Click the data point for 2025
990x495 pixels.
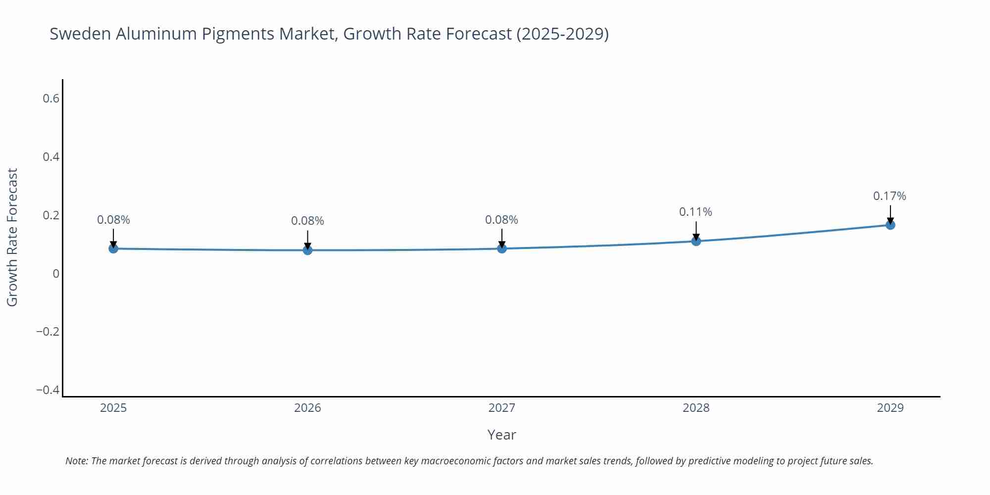(113, 248)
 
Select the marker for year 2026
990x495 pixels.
(307, 250)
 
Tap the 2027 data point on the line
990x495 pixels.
(502, 248)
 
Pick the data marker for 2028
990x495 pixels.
(696, 241)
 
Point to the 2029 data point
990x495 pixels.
(890, 225)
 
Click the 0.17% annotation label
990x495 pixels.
(890, 196)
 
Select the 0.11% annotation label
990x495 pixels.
(695, 212)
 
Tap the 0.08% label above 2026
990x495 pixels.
(307, 221)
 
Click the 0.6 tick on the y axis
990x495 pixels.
(51, 99)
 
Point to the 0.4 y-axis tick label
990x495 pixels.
(51, 157)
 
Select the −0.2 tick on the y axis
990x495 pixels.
(48, 332)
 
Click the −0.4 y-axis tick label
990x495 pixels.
(48, 390)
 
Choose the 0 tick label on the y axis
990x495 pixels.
(56, 274)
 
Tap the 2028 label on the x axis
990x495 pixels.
(696, 408)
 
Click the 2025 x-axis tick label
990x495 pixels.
(113, 408)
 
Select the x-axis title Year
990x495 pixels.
(501, 435)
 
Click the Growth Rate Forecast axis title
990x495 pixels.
(12, 237)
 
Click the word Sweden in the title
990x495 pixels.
(80, 34)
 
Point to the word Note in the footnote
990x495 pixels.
(76, 461)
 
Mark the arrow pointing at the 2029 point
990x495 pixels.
(890, 214)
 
